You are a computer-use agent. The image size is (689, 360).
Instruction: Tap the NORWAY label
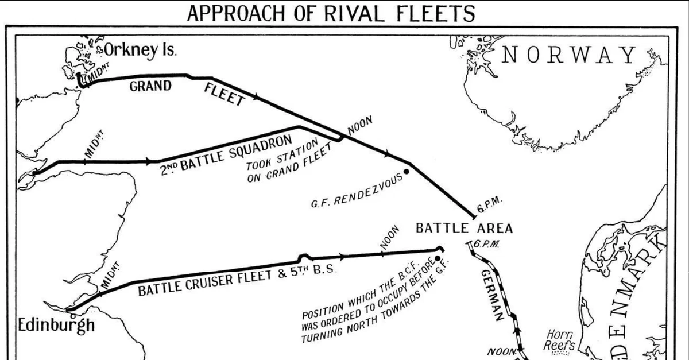570,55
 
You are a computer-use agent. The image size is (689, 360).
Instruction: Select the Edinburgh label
56,325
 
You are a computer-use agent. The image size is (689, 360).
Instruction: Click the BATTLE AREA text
464,228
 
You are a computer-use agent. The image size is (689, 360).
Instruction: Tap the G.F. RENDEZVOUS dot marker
407,171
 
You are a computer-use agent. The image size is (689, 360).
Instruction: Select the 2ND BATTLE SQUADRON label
226,153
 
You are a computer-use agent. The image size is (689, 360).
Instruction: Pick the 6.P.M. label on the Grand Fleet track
490,204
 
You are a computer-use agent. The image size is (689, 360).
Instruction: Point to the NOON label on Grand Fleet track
361,126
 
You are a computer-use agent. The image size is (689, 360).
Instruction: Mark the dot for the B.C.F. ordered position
437,258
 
